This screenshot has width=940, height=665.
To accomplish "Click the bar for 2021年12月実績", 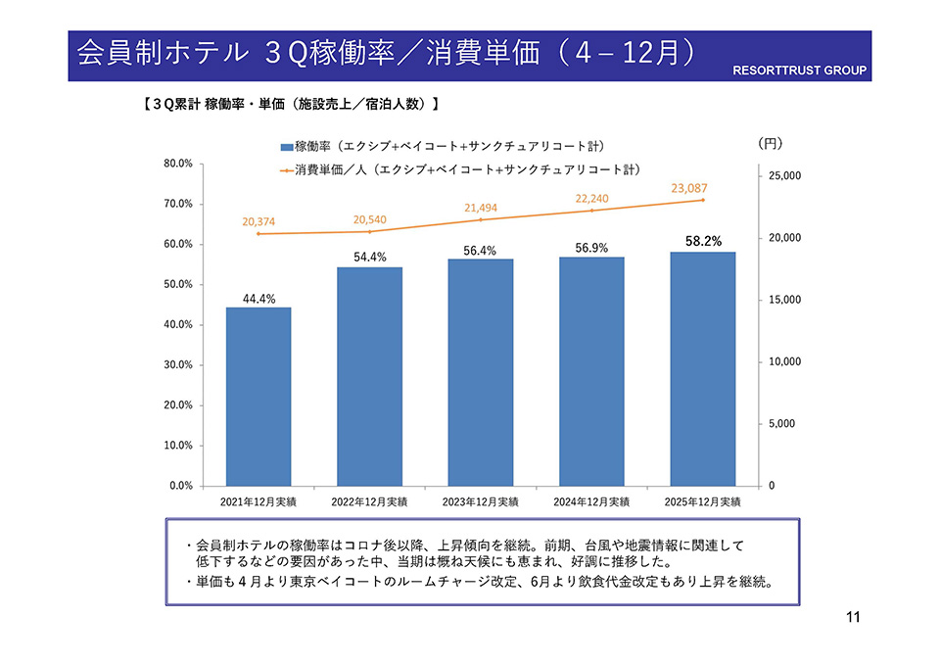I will [258, 397].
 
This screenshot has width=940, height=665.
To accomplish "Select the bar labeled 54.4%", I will [369, 377].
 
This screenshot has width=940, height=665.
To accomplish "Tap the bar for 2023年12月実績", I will [481, 372].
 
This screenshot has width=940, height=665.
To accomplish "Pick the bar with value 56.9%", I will [591, 371].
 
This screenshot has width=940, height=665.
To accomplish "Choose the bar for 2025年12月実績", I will [702, 369].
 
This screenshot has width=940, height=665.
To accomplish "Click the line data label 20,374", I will [259, 222].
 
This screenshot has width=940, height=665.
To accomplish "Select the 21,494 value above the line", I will [481, 208].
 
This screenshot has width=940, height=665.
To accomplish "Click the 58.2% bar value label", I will [702, 241].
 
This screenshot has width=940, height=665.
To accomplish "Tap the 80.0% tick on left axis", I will [178, 164].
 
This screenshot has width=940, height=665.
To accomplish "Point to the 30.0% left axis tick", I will [178, 365].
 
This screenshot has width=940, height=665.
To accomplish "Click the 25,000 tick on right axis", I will [780, 176].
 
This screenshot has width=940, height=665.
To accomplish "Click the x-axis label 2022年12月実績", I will [369, 501].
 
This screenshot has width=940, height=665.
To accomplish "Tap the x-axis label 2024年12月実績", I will [591, 501].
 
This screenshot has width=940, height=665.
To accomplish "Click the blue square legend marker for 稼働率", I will [286, 148].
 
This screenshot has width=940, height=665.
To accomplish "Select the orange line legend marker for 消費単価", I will [286, 170].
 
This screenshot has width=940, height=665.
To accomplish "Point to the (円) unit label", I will [771, 143].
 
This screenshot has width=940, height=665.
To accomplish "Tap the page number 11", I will [851, 617].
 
